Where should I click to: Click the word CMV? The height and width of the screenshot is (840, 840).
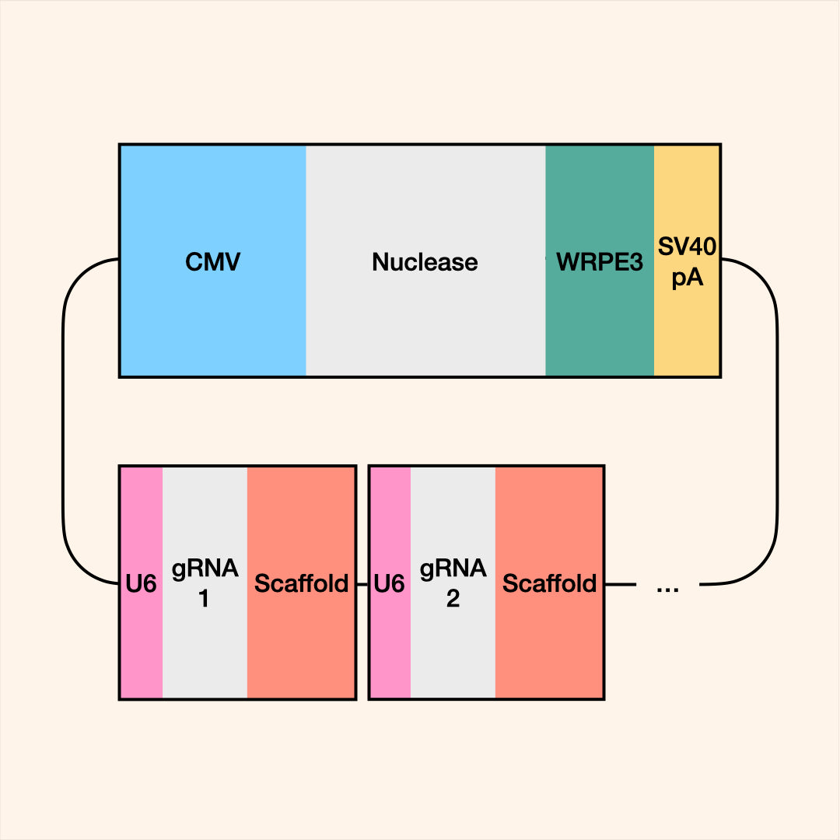point(212,262)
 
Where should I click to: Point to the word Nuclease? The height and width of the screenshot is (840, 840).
point(425,262)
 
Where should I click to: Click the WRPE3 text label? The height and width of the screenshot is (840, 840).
point(600,263)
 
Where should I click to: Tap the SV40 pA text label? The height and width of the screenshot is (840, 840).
point(688,263)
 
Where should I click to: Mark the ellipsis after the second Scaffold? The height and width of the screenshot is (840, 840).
point(667,589)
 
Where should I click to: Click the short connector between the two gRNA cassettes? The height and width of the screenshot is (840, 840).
point(362,583)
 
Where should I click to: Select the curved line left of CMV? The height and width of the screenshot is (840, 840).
point(63,420)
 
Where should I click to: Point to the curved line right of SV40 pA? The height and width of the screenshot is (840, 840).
point(777,420)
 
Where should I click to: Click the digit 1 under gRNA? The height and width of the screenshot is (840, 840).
point(204,600)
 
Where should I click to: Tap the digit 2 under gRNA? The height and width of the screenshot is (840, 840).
point(453,600)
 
